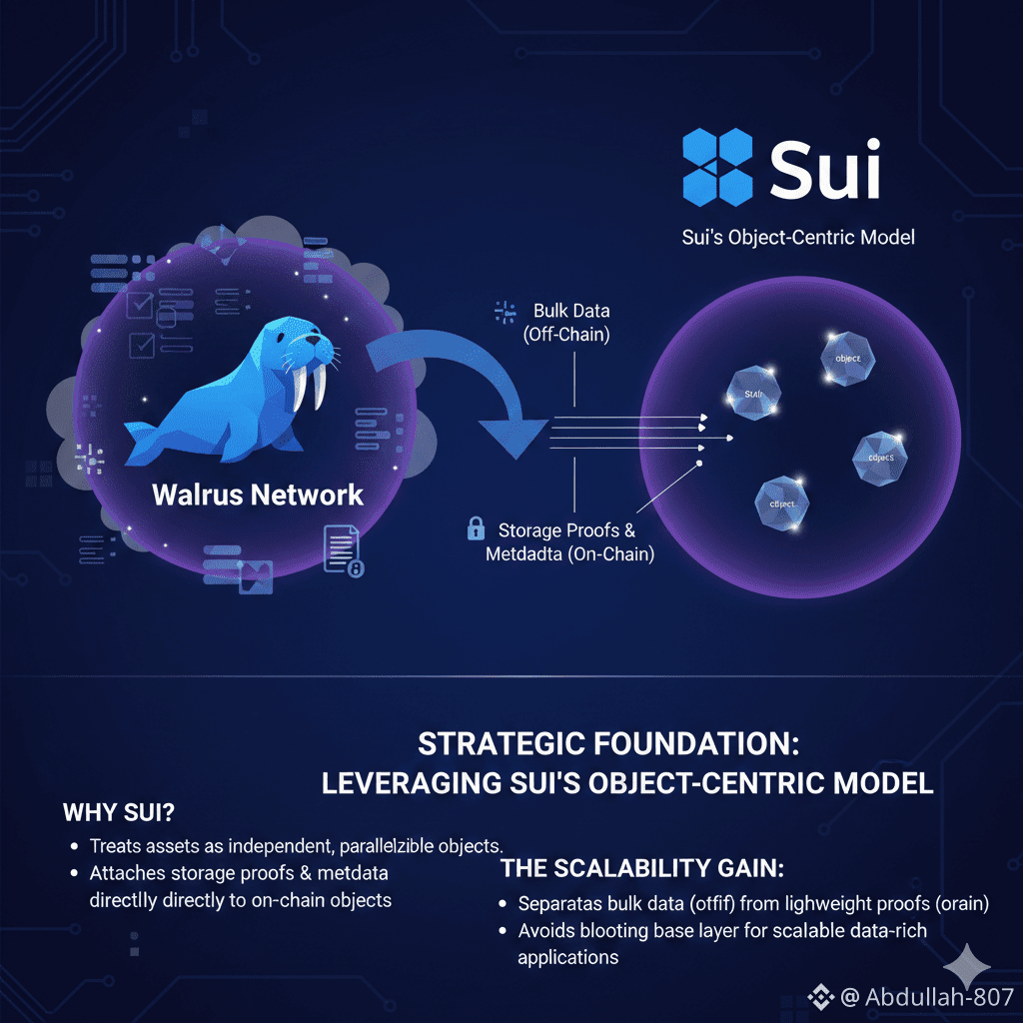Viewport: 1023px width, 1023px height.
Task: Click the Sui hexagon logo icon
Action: tap(717, 167)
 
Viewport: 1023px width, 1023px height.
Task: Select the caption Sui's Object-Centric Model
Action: tap(797, 238)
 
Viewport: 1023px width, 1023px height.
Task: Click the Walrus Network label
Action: tap(258, 495)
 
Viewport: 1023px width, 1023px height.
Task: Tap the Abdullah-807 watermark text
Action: tap(939, 996)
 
